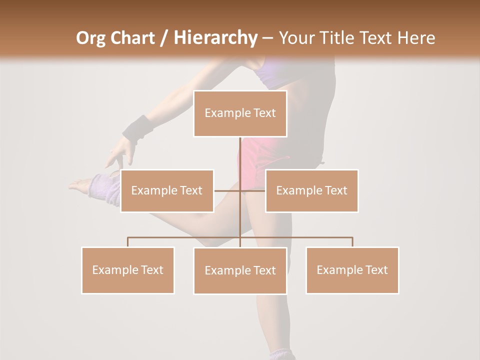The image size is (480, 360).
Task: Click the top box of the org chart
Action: click(240, 113)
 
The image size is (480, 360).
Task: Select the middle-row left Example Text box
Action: click(167, 190)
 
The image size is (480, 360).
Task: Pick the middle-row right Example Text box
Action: click(311, 190)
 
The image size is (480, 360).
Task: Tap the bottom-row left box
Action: click(127, 270)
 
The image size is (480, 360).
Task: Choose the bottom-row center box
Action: click(240, 270)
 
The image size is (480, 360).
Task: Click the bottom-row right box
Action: click(352, 270)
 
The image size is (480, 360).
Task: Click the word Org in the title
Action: click(90, 38)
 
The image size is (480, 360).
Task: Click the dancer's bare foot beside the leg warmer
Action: click(79, 185)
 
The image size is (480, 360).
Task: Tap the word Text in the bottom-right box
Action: click(376, 270)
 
